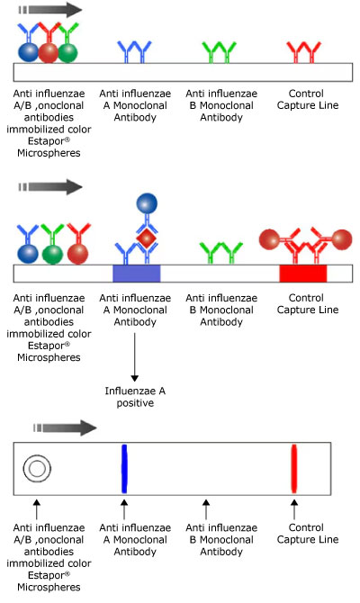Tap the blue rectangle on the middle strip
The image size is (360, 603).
pos(136,273)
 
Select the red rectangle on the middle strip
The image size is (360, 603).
pos(303,273)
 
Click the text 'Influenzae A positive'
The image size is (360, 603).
pos(134,397)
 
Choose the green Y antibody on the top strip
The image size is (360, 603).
pos(219,51)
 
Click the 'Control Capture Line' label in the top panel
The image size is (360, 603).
pos(309,99)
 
